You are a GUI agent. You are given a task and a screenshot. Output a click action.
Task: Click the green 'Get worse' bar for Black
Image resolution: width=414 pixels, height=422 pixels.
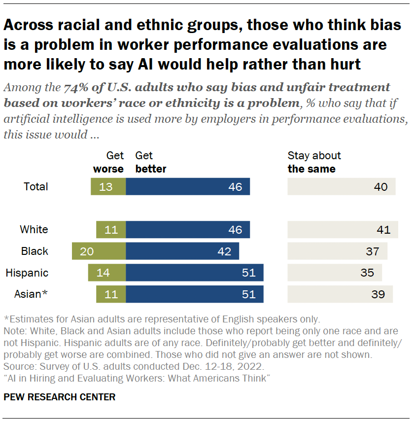coord(99,251)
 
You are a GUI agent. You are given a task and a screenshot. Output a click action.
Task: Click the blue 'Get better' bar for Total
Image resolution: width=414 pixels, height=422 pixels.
coord(188,186)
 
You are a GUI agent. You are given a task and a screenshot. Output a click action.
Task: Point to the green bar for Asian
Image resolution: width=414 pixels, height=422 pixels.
coord(111,294)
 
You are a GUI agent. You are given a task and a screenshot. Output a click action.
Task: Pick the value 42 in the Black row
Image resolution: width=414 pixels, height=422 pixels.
coord(224,251)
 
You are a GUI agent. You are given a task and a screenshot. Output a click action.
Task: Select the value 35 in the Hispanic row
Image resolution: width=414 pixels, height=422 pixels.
coord(367,273)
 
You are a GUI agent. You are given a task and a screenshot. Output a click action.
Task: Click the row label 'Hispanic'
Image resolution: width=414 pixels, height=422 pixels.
coord(27,273)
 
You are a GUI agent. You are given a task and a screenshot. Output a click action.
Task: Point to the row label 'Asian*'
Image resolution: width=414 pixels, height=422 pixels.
coord(31,294)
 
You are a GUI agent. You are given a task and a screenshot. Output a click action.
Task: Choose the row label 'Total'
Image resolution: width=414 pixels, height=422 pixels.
coord(36,186)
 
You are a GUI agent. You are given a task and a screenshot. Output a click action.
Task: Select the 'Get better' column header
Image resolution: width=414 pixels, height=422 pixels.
coord(151,162)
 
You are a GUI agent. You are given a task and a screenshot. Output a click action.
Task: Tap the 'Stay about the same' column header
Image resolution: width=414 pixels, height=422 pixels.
coord(314,162)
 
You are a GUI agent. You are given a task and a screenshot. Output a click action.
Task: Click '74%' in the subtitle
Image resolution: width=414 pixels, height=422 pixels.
coord(76,88)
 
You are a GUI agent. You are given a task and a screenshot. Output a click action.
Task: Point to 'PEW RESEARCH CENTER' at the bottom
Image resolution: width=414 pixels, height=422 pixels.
coord(59,397)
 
